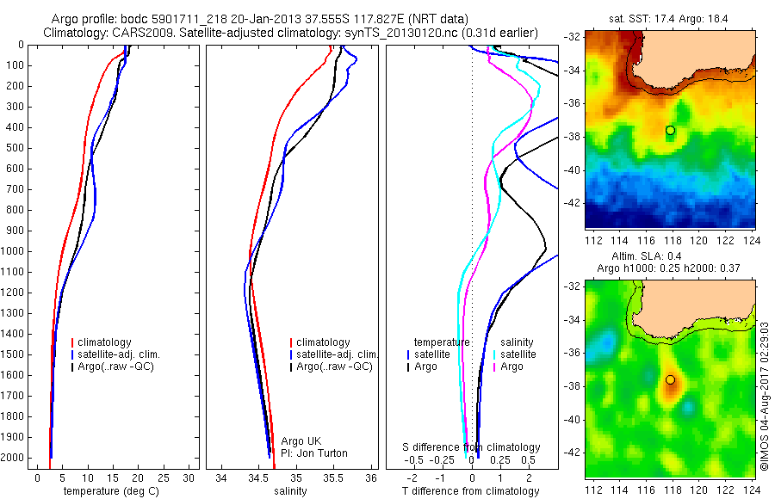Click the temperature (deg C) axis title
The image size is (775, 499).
pyautogui.click(x=113, y=491)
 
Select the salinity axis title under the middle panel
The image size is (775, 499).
pyautogui.click(x=289, y=491)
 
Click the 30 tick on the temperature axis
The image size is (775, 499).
pyautogui.click(x=188, y=478)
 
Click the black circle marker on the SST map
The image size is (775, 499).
pyautogui.click(x=670, y=130)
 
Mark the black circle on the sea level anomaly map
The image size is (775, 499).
pyautogui.click(x=670, y=379)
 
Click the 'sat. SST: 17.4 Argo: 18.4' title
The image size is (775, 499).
pyautogui.click(x=669, y=17)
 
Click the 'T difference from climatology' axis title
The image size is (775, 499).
pyautogui.click(x=472, y=491)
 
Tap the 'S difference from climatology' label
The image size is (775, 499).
pyautogui.click(x=472, y=447)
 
